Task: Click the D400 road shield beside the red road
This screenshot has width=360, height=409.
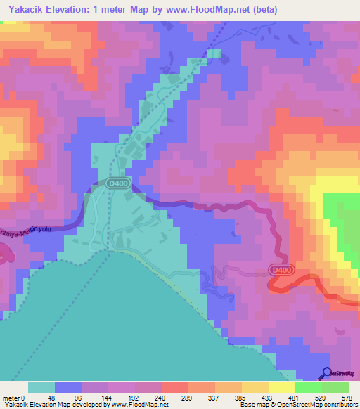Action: pyautogui.click(x=279, y=269)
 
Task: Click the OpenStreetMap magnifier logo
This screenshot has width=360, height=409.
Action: pyautogui.click(x=327, y=373)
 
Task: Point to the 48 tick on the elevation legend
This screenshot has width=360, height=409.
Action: pyautogui.click(x=51, y=396)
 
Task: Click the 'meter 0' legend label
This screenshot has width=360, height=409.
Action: pyautogui.click(x=14, y=396)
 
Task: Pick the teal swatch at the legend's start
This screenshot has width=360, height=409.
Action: pyautogui.click(x=41, y=387)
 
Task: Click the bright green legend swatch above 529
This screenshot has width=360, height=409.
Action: pyautogui.click(x=308, y=387)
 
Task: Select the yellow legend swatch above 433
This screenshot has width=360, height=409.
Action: pyautogui.click(x=255, y=387)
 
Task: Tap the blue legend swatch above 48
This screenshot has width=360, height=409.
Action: pyautogui.click(x=67, y=387)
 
